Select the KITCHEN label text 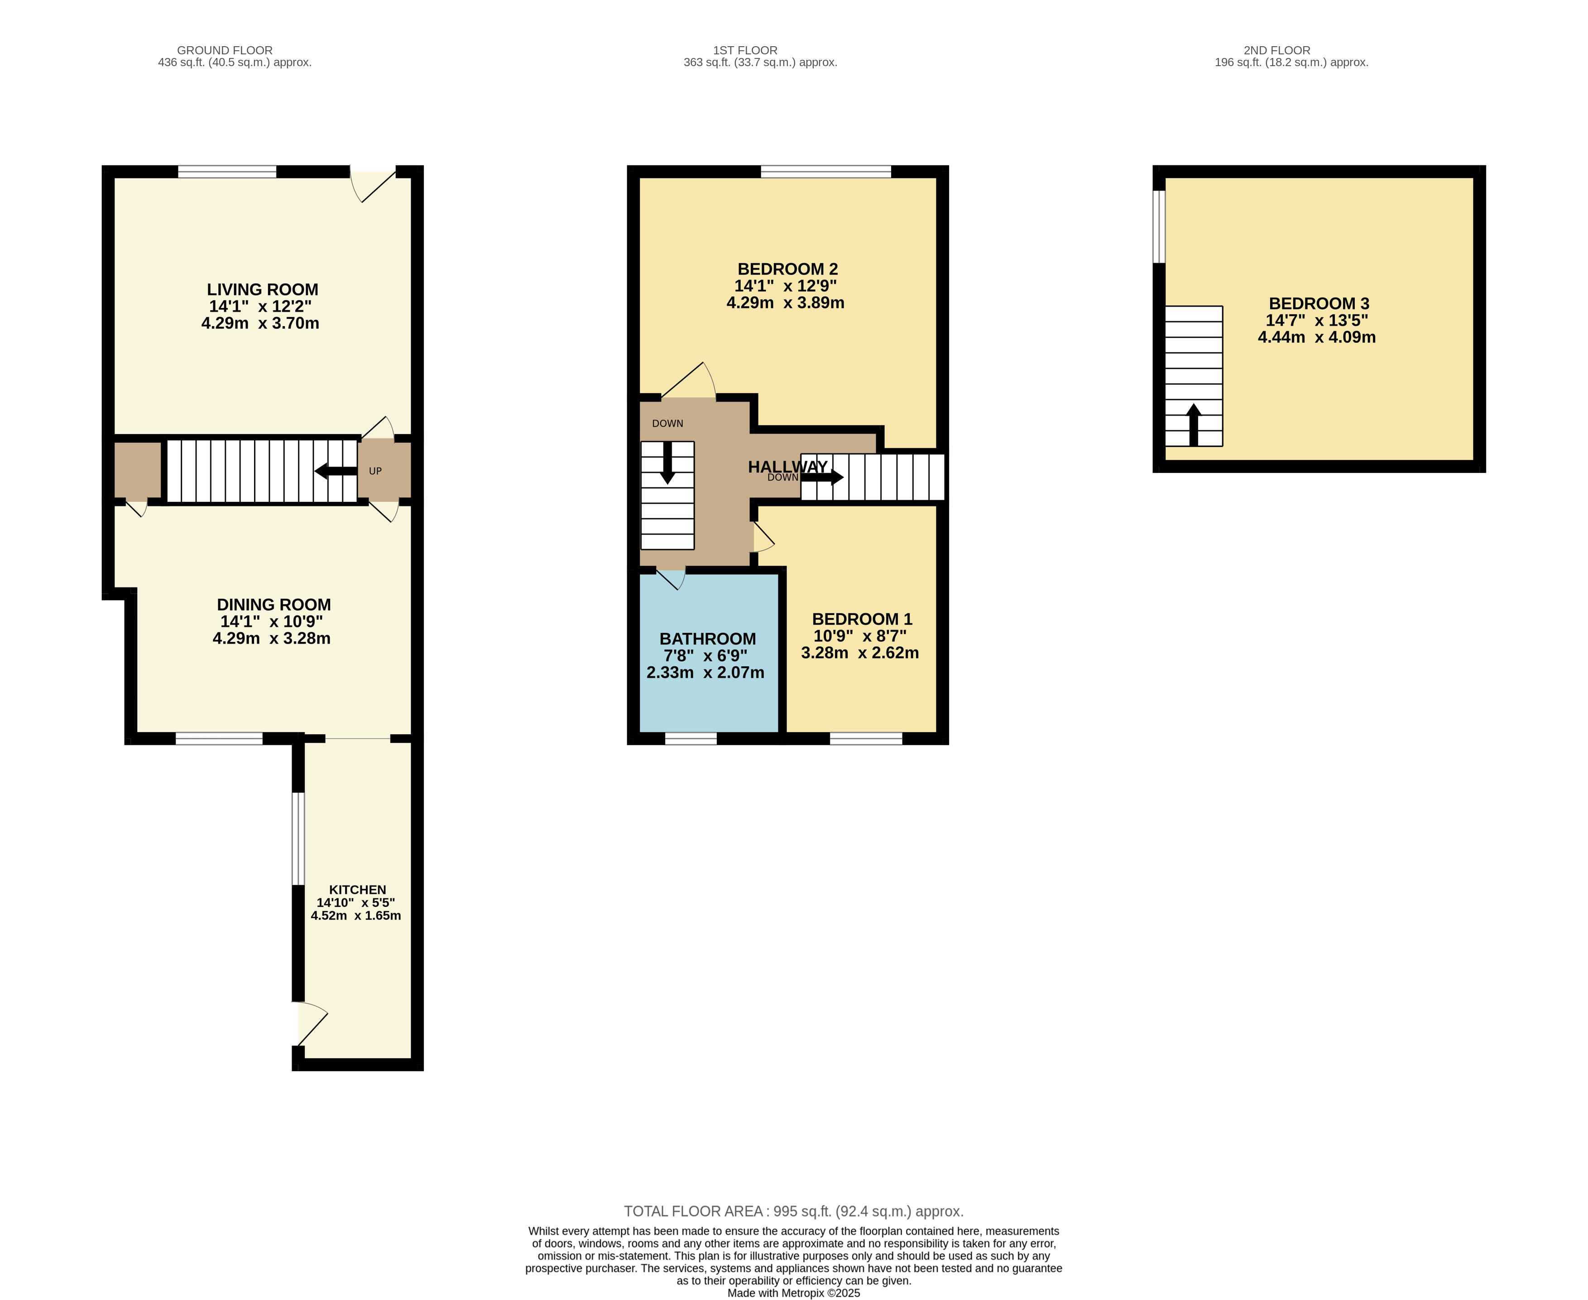358,890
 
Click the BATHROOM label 708,639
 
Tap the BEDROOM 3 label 1319,303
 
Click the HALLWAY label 787,467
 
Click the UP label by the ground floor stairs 375,471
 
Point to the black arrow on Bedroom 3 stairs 1194,424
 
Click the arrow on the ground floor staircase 336,471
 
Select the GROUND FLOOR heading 225,50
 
